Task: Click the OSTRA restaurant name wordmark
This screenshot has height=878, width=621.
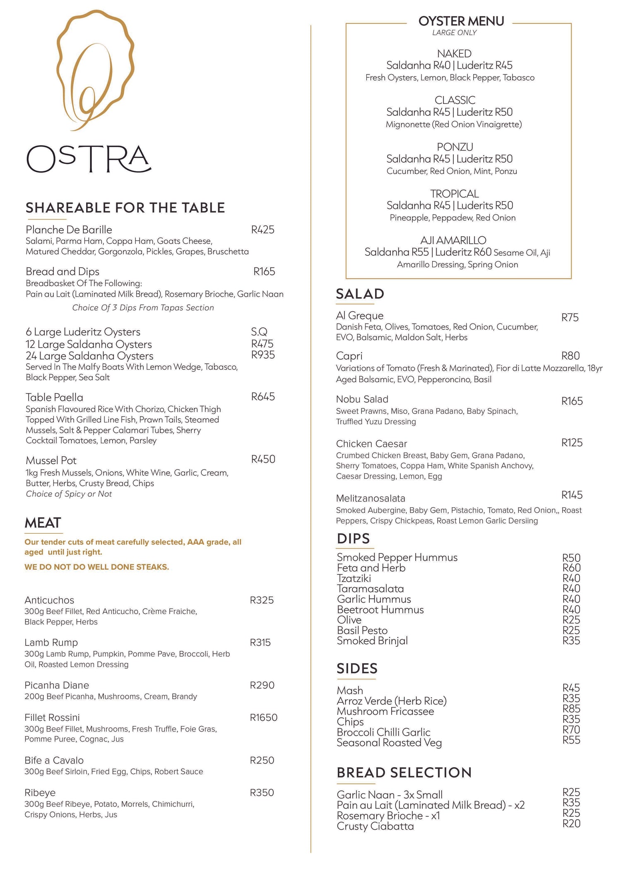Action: click(x=89, y=159)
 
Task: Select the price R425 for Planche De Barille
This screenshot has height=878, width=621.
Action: click(x=262, y=230)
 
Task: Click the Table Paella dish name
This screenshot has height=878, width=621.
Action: click(x=54, y=398)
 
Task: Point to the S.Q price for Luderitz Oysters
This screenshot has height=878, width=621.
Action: click(x=259, y=332)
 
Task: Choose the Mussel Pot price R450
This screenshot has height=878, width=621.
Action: click(x=263, y=459)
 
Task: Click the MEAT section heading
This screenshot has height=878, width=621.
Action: click(x=43, y=523)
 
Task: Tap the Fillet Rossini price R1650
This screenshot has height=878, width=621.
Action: click(x=263, y=717)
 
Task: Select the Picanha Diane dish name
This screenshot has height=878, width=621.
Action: click(x=56, y=685)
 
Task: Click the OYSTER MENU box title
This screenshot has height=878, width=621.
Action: click(x=461, y=21)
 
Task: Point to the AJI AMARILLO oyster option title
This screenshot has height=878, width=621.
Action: click(x=453, y=240)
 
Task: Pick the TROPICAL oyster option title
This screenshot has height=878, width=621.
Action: click(x=454, y=194)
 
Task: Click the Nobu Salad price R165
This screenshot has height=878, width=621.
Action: click(x=572, y=401)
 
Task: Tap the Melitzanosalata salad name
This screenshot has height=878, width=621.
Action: click(x=371, y=499)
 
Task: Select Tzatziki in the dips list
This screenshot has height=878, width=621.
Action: click(x=354, y=578)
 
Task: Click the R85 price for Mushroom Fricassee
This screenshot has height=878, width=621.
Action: click(x=571, y=709)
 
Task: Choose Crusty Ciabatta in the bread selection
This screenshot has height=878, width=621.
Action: click(x=375, y=826)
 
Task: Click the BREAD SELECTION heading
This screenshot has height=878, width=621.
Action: click(x=404, y=772)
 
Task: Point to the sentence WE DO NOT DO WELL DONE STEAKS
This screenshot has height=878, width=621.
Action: click(x=96, y=567)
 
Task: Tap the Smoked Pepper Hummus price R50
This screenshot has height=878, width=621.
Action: click(x=571, y=558)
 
